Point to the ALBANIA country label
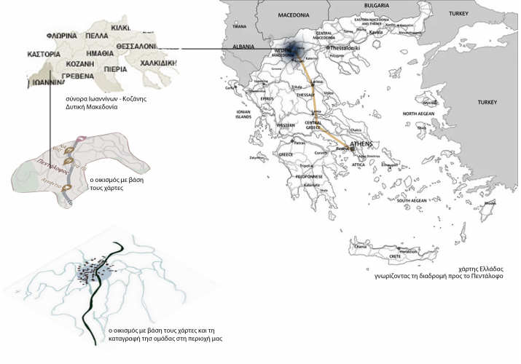(x=242, y=46)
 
